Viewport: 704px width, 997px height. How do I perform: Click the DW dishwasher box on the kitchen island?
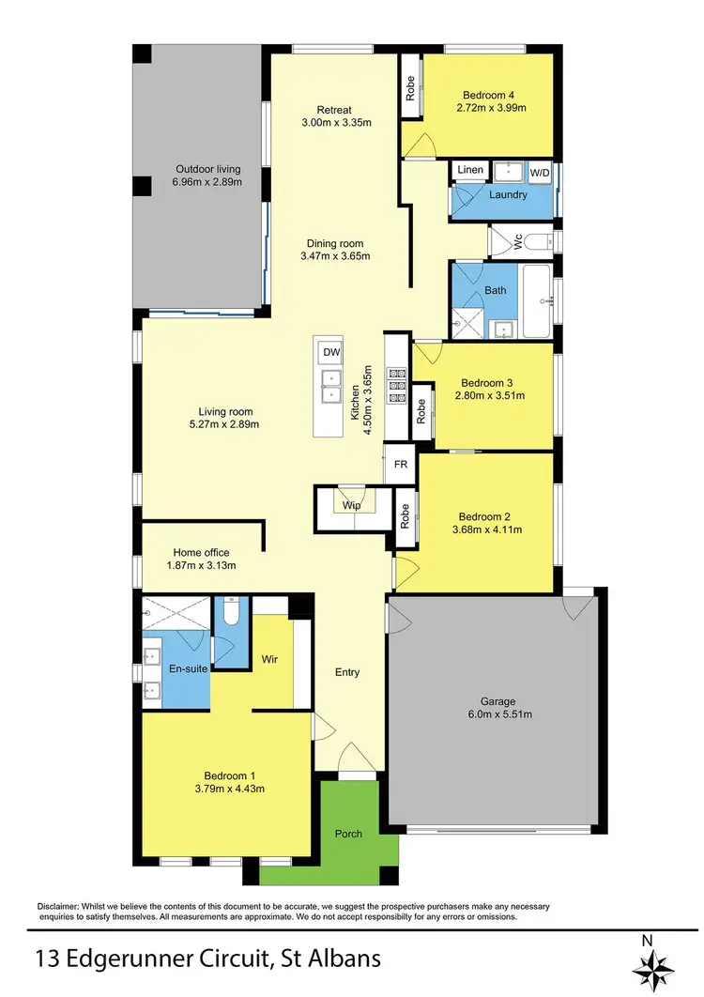[330, 352]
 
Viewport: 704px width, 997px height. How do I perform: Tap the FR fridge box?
[400, 465]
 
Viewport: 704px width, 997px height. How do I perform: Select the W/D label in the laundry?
[540, 173]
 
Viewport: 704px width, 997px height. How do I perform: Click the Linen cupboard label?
[471, 170]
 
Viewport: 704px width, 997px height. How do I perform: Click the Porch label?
[349, 834]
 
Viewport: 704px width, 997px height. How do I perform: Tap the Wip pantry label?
[351, 505]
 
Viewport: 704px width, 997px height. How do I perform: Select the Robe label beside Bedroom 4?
[410, 87]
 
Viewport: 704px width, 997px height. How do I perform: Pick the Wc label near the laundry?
[516, 241]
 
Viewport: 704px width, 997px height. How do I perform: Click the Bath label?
[496, 290]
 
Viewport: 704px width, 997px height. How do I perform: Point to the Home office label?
[201, 553]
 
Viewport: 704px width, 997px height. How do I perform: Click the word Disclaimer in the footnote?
[61, 906]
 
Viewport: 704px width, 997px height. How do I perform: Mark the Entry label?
[347, 672]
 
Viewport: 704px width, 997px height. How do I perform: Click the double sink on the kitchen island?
[330, 385]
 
